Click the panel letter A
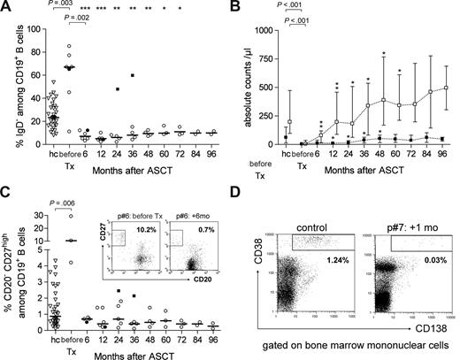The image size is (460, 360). tap(6, 8)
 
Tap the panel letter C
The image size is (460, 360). tap(6, 189)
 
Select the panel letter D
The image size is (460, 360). tap(245, 189)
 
